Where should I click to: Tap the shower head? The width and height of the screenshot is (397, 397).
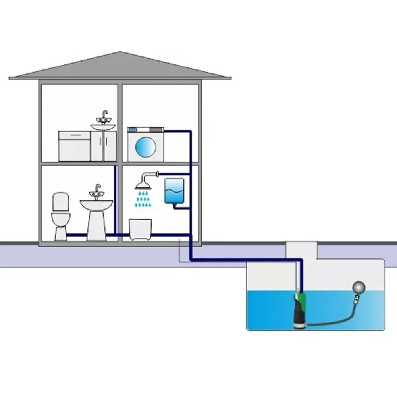click(143, 185)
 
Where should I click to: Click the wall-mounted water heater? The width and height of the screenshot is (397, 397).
click(174, 191)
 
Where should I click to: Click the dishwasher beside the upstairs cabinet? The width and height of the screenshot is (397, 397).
click(74, 146)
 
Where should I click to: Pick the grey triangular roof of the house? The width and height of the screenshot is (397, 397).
click(120, 67)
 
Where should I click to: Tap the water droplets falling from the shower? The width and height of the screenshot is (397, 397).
click(143, 199)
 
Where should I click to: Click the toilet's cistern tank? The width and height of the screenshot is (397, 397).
click(61, 201)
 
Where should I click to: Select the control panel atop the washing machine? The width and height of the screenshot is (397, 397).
click(145, 129)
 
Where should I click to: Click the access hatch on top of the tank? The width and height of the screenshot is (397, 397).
click(302, 250)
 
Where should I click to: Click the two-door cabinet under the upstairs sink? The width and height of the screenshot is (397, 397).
click(103, 146)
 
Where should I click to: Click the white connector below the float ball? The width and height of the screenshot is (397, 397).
click(354, 302)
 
